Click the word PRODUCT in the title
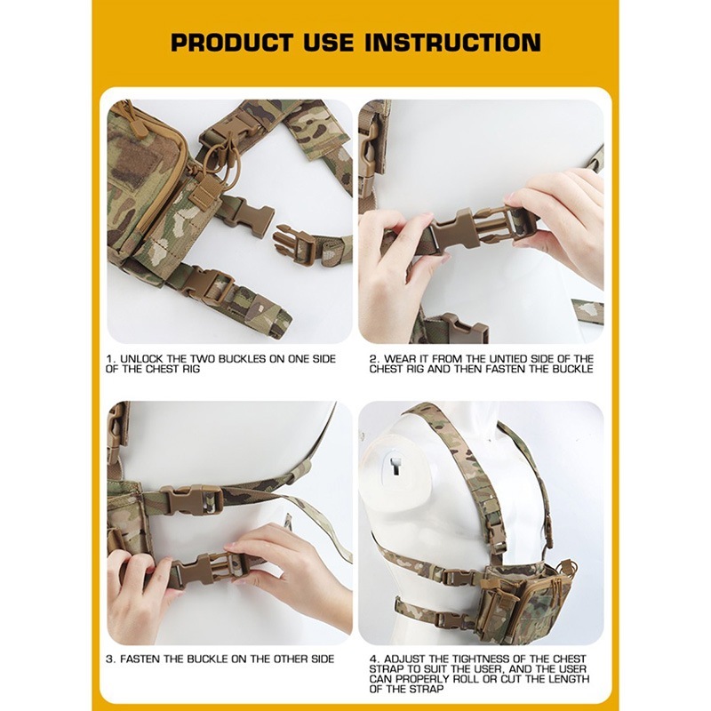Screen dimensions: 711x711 tap(232, 43)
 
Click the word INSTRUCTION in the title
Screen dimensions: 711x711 tap(452, 43)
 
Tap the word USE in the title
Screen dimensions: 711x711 tap(328, 43)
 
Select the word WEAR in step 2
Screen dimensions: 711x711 tap(399, 359)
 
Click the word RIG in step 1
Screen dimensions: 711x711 tap(191, 369)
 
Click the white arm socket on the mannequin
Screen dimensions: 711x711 tap(395, 467)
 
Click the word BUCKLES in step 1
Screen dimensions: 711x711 tap(242, 359)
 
